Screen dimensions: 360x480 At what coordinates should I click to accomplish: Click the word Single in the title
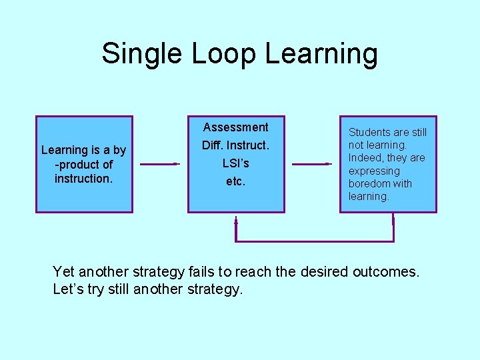142,53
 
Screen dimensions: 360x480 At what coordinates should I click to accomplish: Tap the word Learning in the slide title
321,53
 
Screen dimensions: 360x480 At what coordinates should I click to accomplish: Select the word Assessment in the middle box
235,127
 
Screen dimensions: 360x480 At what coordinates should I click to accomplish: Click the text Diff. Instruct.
235,145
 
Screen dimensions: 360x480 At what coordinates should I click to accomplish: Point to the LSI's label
235,163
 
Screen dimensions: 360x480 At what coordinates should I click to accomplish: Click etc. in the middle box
235,181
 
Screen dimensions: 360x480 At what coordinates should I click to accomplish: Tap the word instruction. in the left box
83,179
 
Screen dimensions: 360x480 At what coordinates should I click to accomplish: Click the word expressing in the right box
374,171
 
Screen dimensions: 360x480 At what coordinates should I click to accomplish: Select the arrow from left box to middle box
160,163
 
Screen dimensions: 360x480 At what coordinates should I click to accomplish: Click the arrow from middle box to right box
312,163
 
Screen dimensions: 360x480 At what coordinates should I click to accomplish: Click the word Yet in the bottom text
63,272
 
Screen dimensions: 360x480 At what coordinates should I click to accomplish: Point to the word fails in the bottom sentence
204,272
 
